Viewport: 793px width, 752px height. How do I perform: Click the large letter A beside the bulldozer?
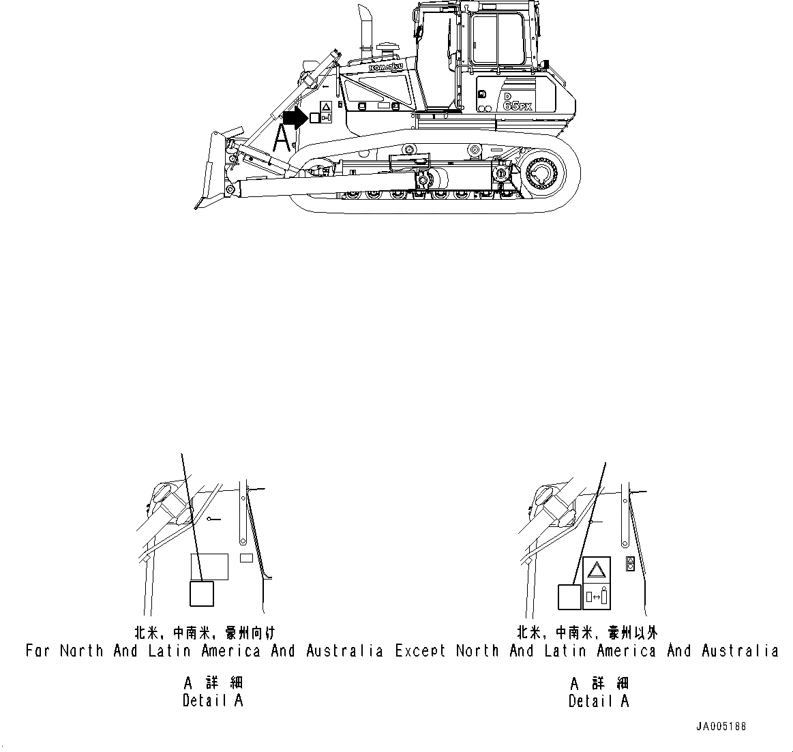point(283,138)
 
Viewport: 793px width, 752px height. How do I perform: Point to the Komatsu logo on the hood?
point(386,67)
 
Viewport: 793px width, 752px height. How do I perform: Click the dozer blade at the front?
point(207,170)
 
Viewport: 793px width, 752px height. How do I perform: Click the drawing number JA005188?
point(721,727)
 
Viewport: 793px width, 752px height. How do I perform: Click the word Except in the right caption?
point(421,651)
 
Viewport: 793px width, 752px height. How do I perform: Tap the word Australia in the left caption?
point(344,651)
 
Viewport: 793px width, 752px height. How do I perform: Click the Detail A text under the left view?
point(213,700)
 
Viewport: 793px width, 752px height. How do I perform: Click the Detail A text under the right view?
point(599,700)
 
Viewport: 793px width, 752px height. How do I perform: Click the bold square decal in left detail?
point(202,593)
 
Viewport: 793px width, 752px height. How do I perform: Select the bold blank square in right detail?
point(569,597)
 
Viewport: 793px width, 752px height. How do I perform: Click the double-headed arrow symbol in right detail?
point(596,597)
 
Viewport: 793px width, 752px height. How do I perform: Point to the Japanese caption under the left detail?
point(205,633)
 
